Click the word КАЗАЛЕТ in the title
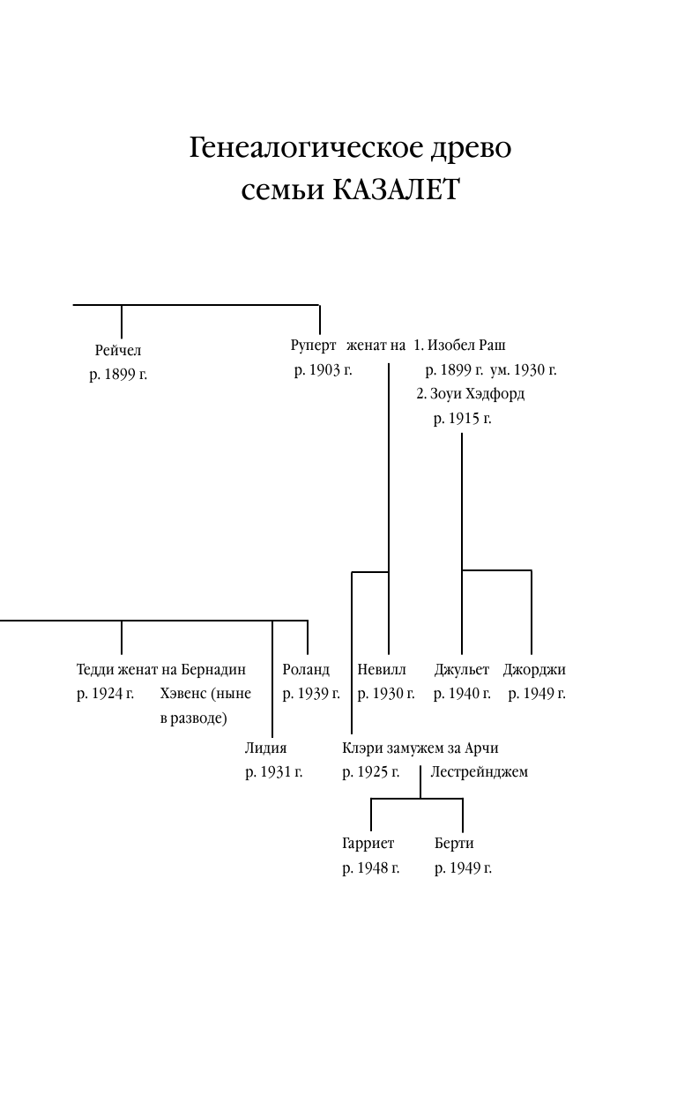(x=396, y=190)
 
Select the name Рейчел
(x=118, y=351)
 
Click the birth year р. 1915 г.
(x=462, y=419)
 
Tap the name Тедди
(x=94, y=670)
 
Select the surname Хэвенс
(x=184, y=694)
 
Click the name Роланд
(x=306, y=670)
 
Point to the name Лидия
(x=265, y=748)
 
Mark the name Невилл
(x=382, y=670)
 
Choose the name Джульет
(x=461, y=670)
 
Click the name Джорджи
(x=534, y=670)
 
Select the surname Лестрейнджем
(x=479, y=772)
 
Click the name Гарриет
(x=368, y=844)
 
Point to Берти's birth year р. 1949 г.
(x=463, y=868)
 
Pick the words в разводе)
(x=193, y=718)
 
